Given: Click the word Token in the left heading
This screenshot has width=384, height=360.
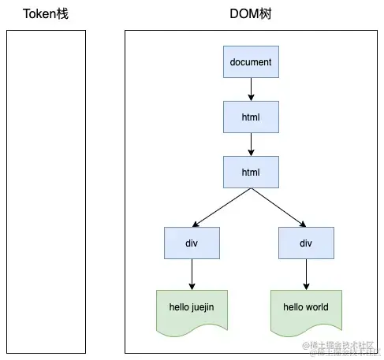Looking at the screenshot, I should (37, 14).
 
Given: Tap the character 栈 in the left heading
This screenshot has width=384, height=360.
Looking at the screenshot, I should (61, 14).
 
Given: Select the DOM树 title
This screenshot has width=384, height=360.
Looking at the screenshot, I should (251, 14).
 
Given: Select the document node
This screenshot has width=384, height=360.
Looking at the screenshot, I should (251, 62).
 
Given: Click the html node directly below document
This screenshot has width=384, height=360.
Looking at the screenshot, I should (251, 117).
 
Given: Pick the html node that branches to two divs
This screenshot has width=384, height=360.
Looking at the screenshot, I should (251, 171).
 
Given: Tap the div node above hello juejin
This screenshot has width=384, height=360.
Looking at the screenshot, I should (191, 243).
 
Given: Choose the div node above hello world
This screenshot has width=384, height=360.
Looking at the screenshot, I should (306, 243).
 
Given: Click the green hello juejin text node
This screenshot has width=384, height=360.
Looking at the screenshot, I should (191, 308).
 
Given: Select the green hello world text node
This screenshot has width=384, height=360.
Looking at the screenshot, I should (306, 308).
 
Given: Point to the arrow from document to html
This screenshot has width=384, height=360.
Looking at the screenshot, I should (251, 89).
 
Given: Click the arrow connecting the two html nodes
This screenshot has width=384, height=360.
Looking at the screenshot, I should (251, 143).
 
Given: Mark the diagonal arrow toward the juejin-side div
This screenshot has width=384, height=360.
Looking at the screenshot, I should (221, 207).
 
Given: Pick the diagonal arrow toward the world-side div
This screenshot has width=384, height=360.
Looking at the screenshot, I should (278, 207).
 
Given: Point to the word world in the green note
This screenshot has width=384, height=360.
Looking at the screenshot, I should (316, 306).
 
